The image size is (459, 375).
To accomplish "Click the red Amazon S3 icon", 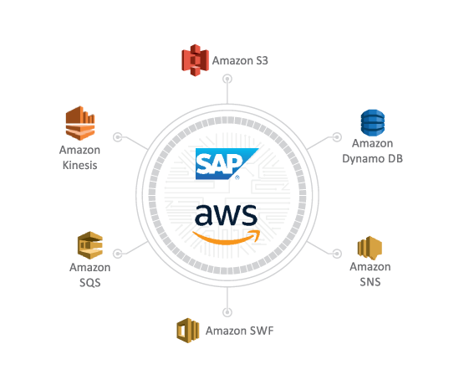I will tap(195, 60).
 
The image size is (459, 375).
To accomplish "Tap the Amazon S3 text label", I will tap(240, 60).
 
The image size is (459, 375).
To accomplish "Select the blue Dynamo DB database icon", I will tap(372, 123).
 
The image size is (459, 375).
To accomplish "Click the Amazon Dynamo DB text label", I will tap(372, 152).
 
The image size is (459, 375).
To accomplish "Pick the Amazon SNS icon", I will tap(370, 248).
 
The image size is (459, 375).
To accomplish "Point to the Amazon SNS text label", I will tap(370, 275).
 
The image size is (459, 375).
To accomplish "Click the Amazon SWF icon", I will tap(187, 330).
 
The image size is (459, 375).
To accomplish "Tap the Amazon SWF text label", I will tap(239, 331).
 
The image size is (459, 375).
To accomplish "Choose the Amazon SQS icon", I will tap(90, 244).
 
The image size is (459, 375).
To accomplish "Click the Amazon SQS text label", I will tap(90, 275).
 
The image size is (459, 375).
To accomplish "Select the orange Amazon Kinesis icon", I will tap(77, 124).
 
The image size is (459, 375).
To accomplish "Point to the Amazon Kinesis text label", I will tap(80, 157).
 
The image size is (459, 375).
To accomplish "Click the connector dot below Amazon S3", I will tap(227, 79).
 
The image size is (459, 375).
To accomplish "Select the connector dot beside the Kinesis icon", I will tap(118, 136).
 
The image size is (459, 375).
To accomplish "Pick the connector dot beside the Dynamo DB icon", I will tap(337, 136).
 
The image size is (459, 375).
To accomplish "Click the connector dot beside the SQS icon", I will tap(118, 253).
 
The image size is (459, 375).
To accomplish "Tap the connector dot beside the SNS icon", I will tap(337, 253).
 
